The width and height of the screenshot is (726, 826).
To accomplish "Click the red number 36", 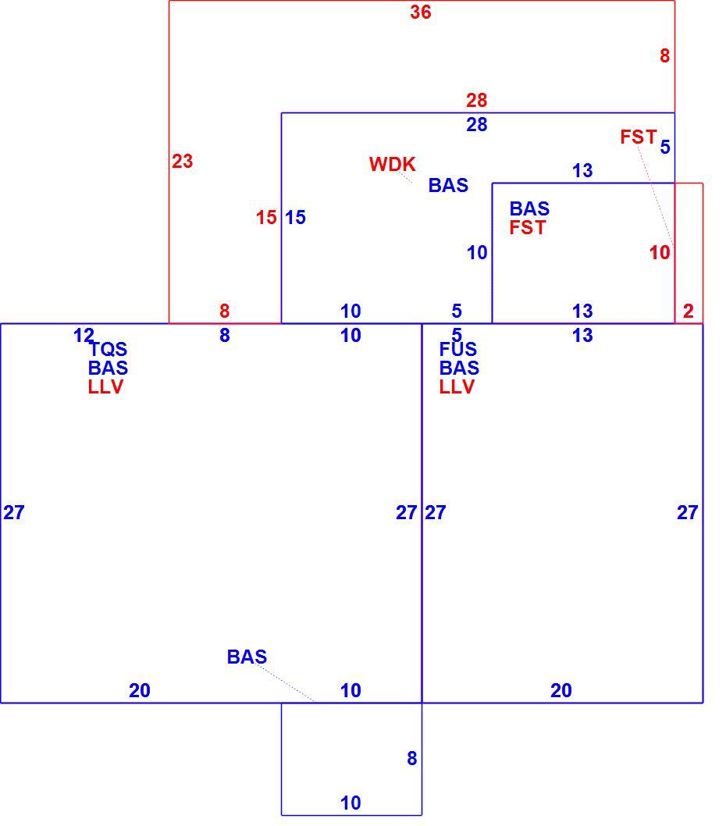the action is [x=421, y=12].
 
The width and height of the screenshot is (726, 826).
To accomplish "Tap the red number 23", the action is [x=183, y=161].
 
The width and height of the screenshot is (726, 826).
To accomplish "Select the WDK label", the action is [x=392, y=165].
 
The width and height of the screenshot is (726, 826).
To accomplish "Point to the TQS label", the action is [x=108, y=349].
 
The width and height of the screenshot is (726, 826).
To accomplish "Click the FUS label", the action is [x=457, y=349].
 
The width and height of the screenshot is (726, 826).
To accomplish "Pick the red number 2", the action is [x=688, y=312].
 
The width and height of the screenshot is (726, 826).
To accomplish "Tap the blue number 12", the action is [x=84, y=335].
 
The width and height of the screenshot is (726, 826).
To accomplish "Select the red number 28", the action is [x=476, y=100].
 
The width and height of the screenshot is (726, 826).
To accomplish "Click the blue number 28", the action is [x=476, y=125].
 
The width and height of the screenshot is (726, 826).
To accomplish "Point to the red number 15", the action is [x=266, y=218].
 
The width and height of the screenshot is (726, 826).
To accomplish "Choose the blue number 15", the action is [x=295, y=218].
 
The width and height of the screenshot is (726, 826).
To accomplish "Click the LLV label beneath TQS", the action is [x=105, y=387].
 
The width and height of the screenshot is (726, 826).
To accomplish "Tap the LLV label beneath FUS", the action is [x=457, y=387].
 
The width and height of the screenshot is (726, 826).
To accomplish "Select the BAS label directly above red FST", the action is [x=529, y=209].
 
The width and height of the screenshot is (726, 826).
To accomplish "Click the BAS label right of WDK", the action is [x=448, y=186].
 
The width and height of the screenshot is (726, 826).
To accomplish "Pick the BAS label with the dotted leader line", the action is [x=247, y=657].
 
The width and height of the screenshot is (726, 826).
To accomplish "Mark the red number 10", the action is [x=660, y=253].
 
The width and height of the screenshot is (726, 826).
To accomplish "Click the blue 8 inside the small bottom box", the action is [x=412, y=759].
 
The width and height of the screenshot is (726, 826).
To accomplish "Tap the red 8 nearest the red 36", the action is [x=665, y=56].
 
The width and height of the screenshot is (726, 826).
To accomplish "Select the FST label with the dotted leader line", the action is [x=638, y=137].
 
